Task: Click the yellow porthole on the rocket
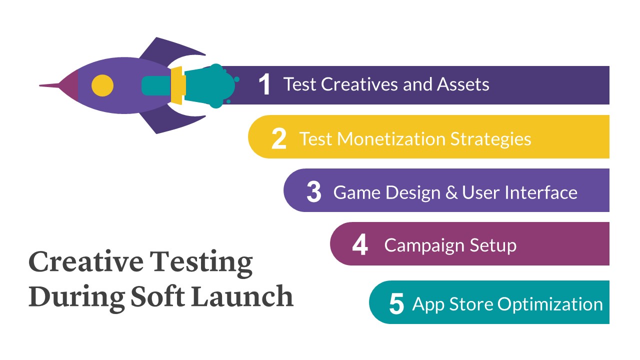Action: click(x=102, y=85)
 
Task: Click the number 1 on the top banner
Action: click(x=264, y=84)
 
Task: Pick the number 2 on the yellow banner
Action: click(x=279, y=138)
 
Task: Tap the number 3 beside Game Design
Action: click(x=313, y=192)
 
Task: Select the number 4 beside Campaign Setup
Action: click(x=360, y=245)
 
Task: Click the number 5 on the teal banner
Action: click(x=396, y=304)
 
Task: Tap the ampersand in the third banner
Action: click(x=451, y=192)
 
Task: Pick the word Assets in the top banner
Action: click(x=463, y=84)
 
